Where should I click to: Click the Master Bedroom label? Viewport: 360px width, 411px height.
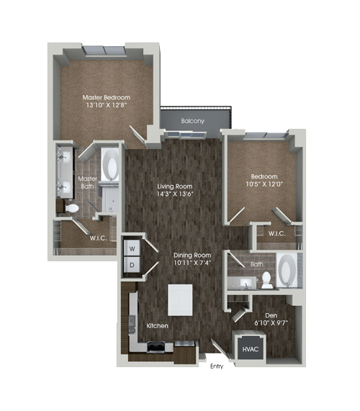pyautogui.click(x=106, y=97)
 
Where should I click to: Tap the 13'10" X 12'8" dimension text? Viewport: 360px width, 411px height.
pyautogui.click(x=106, y=105)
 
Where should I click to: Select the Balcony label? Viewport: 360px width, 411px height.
pyautogui.click(x=192, y=121)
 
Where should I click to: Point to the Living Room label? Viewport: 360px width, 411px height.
pyautogui.click(x=175, y=186)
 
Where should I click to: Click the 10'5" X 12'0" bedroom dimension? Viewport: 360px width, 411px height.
pyautogui.click(x=264, y=184)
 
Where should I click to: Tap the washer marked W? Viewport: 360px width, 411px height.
pyautogui.click(x=132, y=248)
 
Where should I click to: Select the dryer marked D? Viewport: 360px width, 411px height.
pyautogui.click(x=132, y=265)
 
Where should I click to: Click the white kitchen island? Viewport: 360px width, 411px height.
pyautogui.click(x=180, y=300)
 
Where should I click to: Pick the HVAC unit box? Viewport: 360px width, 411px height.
pyautogui.click(x=250, y=349)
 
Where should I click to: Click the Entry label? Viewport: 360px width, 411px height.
pyautogui.click(x=217, y=366)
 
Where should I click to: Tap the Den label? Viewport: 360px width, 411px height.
pyautogui.click(x=271, y=315)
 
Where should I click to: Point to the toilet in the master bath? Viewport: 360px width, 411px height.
pyautogui.click(x=71, y=209)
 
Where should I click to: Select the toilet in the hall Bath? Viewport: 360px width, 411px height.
pyautogui.click(x=266, y=280)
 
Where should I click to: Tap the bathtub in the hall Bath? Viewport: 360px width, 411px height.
pyautogui.click(x=287, y=270)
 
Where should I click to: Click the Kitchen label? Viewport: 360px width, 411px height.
pyautogui.click(x=157, y=326)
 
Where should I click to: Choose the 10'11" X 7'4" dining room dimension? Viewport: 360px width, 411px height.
pyautogui.click(x=192, y=263)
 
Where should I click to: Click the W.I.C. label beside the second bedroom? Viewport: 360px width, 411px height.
pyautogui.click(x=277, y=233)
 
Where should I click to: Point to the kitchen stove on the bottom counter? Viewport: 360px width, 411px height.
pyautogui.click(x=156, y=346)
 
